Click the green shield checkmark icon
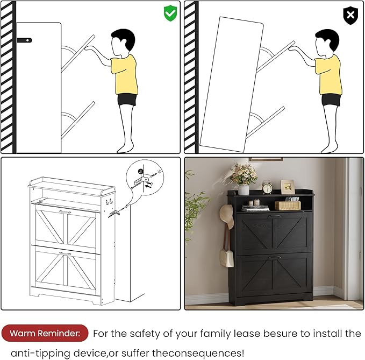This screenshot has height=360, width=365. pyautogui.click(x=170, y=13)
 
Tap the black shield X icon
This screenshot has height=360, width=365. pyautogui.click(x=350, y=16)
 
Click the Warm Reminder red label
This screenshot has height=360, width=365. pyautogui.click(x=45, y=333)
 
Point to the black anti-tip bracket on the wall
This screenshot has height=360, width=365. pyautogui.click(x=24, y=40)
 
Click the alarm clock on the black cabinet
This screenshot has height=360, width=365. pyautogui.click(x=267, y=187)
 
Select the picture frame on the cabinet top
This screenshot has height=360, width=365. pyautogui.click(x=288, y=187)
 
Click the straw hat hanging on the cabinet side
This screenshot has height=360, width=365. pyautogui.click(x=226, y=216)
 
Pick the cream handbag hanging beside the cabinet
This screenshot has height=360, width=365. pyautogui.click(x=226, y=258)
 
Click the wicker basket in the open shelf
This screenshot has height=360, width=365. pyautogui.click(x=288, y=205)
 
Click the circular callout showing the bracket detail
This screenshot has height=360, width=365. pyautogui.click(x=145, y=178)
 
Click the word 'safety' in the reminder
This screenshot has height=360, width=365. pyautogui.click(x=145, y=334)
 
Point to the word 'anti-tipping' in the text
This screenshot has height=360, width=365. pyautogui.click(x=40, y=354)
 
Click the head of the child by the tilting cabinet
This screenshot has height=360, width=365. pyautogui.click(x=326, y=41)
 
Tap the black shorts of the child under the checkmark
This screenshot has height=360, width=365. pyautogui.click(x=127, y=99)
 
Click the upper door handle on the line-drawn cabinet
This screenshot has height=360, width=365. pyautogui.click(x=65, y=211)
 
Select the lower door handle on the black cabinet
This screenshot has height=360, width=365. pyautogui.click(x=275, y=257)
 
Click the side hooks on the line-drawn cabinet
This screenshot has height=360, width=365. pyautogui.click(x=109, y=202)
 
